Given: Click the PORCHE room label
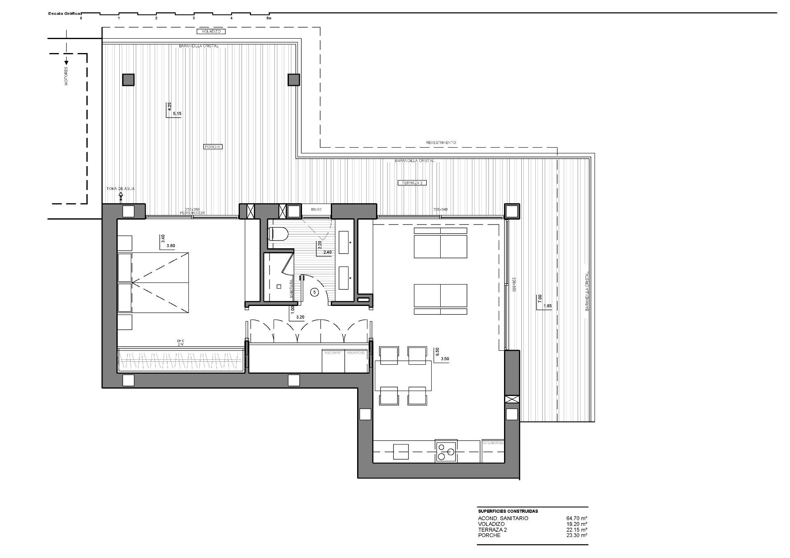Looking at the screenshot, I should pyautogui.click(x=213, y=147).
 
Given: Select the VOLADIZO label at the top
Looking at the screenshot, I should pyautogui.click(x=211, y=31).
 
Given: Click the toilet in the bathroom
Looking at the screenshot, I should pyautogui.click(x=278, y=234).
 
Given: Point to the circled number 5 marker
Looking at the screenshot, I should pyautogui.click(x=315, y=292).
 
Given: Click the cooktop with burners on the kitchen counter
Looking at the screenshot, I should pyautogui.click(x=446, y=451).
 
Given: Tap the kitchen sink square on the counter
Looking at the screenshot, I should pyautogui.click(x=401, y=451).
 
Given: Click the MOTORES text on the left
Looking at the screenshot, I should pyautogui.click(x=66, y=76).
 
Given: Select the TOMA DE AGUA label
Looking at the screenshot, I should pyautogui.click(x=120, y=189).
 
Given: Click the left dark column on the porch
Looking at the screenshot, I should pyautogui.click(x=128, y=79).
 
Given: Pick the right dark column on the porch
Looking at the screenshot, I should pyautogui.click(x=293, y=79).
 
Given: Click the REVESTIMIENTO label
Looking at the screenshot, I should pyautogui.click(x=441, y=143).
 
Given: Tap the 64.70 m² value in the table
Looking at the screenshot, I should pyautogui.click(x=576, y=518).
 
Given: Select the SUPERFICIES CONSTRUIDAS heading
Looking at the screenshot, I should pyautogui.click(x=508, y=511).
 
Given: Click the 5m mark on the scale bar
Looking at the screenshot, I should pyautogui.click(x=269, y=18).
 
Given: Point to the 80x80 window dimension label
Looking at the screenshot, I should pyautogui.click(x=316, y=210).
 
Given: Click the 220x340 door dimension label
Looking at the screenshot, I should pyautogui.click(x=440, y=210).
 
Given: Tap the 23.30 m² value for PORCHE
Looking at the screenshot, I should pyautogui.click(x=576, y=535).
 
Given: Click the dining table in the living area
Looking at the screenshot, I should pyautogui.click(x=403, y=375).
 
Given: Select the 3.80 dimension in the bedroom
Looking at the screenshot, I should pyautogui.click(x=170, y=246).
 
